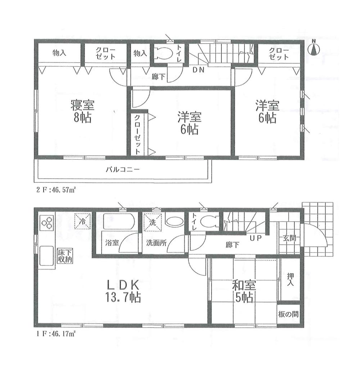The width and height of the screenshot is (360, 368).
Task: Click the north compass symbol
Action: (314, 49)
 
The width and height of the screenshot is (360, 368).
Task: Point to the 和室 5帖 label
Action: (244, 291)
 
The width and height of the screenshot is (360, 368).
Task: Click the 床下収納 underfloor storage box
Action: (65, 255)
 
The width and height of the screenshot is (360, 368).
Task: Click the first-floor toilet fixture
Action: (208, 222)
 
